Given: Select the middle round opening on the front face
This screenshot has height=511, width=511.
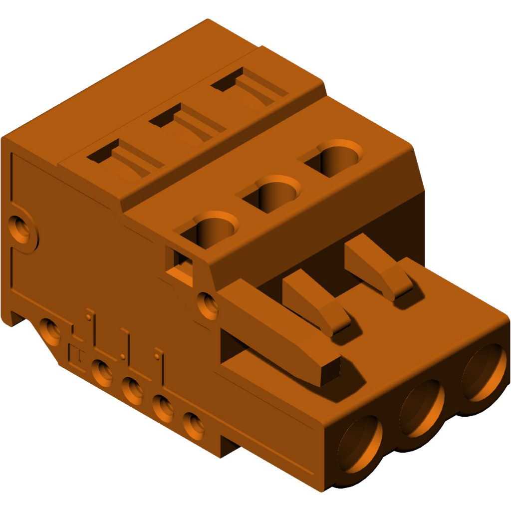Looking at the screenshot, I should tap(422, 407).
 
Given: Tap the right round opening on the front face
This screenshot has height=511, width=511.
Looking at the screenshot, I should tap(483, 373).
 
